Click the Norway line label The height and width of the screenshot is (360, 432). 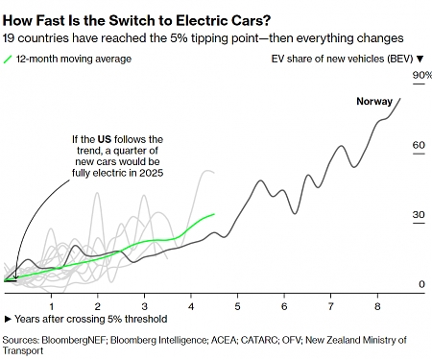pyautogui.click(x=375, y=102)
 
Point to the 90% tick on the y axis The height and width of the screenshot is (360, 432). pyautogui.click(x=421, y=75)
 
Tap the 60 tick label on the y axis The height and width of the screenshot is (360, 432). pyautogui.click(x=418, y=145)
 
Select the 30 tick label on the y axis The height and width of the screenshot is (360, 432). pyautogui.click(x=418, y=215)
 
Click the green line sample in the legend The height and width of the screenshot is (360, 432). pyautogui.click(x=11, y=60)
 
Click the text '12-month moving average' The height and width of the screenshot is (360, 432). pyautogui.click(x=75, y=60)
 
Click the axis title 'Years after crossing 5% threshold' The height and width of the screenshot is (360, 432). pyautogui.click(x=90, y=319)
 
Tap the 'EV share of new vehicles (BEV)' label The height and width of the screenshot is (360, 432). pyautogui.click(x=342, y=60)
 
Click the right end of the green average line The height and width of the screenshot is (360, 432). pyautogui.click(x=214, y=214)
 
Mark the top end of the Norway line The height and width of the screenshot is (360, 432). pyautogui.click(x=400, y=98)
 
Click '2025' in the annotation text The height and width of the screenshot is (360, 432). pyautogui.click(x=148, y=174)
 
